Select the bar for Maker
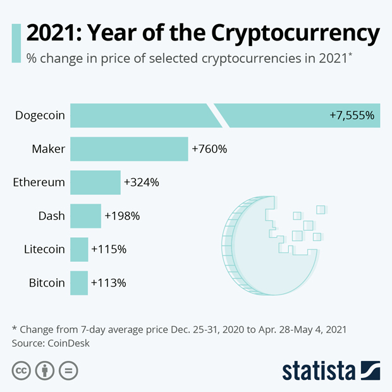click(129, 149)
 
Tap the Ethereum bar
click(95, 183)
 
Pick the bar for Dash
click(85, 216)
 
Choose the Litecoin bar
click(79, 249)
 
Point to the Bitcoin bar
click(79, 283)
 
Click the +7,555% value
click(352, 116)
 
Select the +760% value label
click(209, 149)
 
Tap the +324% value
click(142, 183)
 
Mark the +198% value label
click(122, 216)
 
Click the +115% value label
click(109, 249)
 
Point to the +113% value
click(109, 283)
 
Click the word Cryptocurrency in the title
click(296, 33)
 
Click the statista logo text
click(319, 371)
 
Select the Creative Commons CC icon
click(21, 371)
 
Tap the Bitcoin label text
click(47, 283)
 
